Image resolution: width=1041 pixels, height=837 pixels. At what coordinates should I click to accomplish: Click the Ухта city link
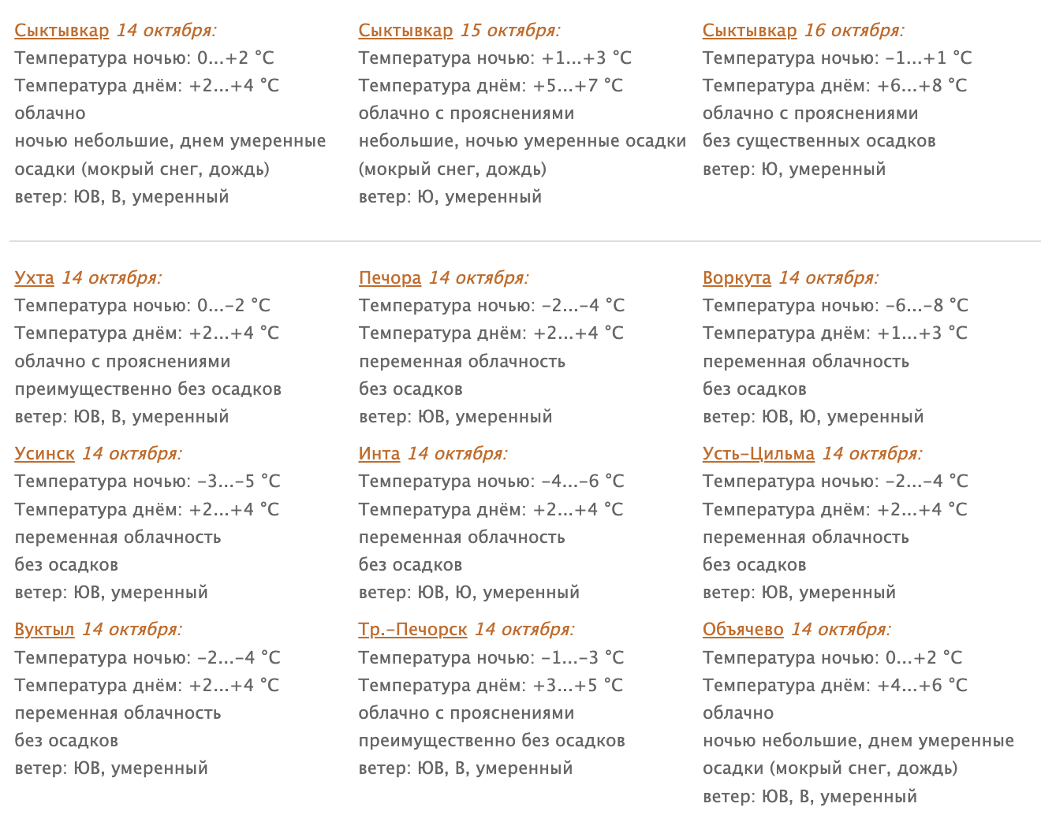coord(34,278)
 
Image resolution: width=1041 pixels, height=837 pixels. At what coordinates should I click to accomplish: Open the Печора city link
coord(390,278)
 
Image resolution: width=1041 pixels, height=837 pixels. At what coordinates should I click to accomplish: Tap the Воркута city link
coord(737,278)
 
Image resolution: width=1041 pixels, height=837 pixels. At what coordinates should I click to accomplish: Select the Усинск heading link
coord(44,454)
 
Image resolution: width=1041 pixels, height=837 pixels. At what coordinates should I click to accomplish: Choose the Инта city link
coord(379,454)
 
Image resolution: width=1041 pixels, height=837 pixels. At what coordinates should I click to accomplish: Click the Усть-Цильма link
coord(759,454)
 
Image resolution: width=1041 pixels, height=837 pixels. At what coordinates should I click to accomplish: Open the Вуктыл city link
coord(44,630)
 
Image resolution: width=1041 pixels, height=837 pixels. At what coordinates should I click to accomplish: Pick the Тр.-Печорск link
coord(412,630)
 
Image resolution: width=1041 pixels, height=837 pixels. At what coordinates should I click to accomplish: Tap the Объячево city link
coord(743,630)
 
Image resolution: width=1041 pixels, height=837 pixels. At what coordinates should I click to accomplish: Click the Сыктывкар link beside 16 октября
coord(749,31)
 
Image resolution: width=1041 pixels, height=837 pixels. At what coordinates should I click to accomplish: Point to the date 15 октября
coord(510,31)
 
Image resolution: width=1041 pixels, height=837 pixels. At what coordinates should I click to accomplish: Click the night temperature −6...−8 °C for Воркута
coord(927,306)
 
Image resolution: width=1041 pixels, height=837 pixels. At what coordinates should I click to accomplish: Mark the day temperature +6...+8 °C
coord(922,86)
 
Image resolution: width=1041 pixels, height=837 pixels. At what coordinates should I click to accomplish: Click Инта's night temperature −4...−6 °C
coord(583,482)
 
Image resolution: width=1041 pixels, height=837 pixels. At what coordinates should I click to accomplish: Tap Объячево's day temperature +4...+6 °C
coord(922,686)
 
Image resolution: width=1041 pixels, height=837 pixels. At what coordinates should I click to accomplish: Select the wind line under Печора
coord(455,417)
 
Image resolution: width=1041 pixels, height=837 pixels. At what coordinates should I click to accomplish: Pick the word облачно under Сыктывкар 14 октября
coord(50,113)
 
